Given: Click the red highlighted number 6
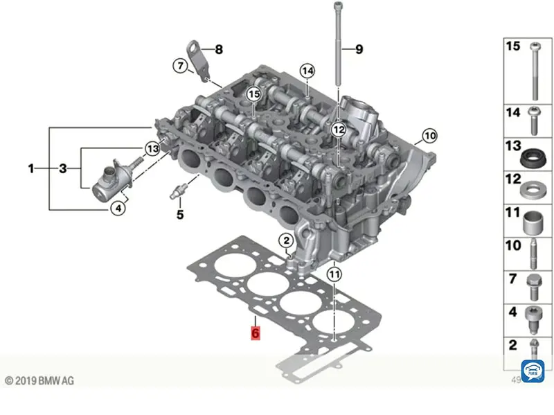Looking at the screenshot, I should click(255, 333).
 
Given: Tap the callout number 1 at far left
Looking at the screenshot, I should click(30, 168).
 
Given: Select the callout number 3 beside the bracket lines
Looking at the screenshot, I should click(62, 168).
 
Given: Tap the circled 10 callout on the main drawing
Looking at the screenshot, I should click(429, 136).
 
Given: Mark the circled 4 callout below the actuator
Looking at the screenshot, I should click(118, 206).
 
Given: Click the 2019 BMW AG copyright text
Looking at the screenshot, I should click(39, 380).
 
